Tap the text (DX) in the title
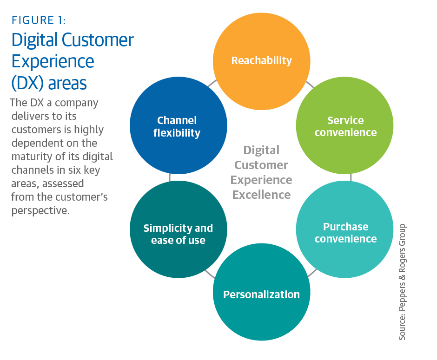pos(28,83)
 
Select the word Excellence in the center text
pos(262,194)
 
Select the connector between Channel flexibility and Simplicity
pos(170,177)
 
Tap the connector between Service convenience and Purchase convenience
pos(350,177)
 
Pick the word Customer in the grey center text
pos(261,165)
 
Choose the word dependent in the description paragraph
pos(36,143)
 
